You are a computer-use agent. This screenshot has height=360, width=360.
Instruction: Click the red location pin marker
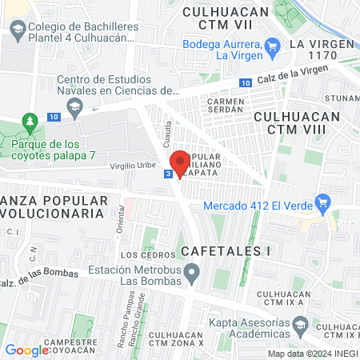click(x=180, y=162)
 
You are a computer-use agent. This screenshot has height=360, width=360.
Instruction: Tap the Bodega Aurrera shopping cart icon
click(x=272, y=46)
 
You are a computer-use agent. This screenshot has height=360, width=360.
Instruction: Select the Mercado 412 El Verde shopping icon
click(x=323, y=203)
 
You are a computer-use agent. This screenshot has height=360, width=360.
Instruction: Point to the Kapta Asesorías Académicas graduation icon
click(x=299, y=325)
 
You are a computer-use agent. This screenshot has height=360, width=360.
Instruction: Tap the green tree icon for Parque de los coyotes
click(x=30, y=122)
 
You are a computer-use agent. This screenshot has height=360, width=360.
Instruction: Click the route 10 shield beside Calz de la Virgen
click(x=245, y=82)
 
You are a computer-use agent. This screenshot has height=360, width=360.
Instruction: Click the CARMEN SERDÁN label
click(x=231, y=107)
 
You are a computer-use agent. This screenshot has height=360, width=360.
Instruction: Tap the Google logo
click(x=27, y=350)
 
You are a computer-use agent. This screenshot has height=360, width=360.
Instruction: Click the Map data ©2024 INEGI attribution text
click(x=312, y=354)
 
